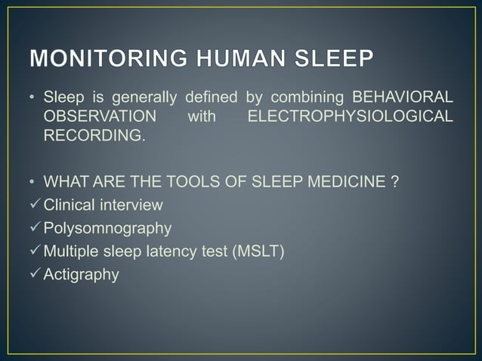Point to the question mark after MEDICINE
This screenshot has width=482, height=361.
pos(394,183)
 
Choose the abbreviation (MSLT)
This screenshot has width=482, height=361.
pos(258,251)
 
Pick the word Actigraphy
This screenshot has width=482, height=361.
pos(82,274)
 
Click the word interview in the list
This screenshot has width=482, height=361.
pos(133,205)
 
